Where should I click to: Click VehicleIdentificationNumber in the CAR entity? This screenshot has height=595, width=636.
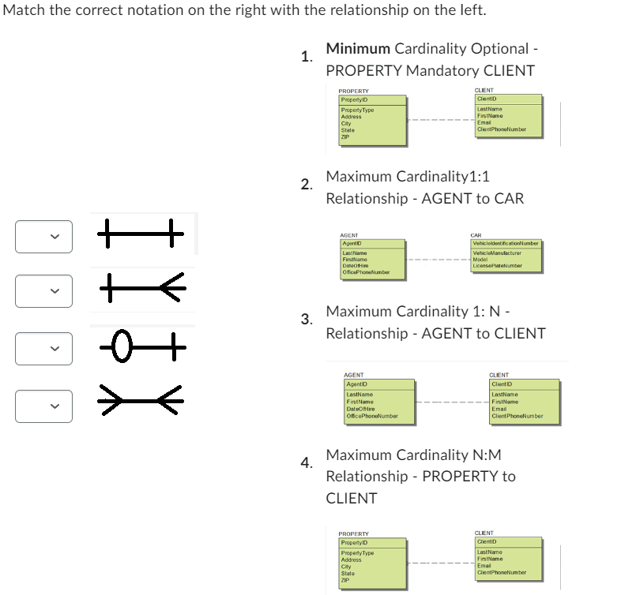(x=505, y=244)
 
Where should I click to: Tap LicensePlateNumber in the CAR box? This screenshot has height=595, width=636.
(x=497, y=266)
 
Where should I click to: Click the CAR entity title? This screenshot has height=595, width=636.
(x=476, y=235)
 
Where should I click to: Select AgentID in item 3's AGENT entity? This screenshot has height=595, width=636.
(x=358, y=384)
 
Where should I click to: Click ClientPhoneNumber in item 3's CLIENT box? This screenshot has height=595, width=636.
(x=517, y=416)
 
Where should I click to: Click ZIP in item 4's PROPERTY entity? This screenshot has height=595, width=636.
(x=344, y=580)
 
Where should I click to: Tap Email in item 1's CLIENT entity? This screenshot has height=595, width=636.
(x=484, y=122)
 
